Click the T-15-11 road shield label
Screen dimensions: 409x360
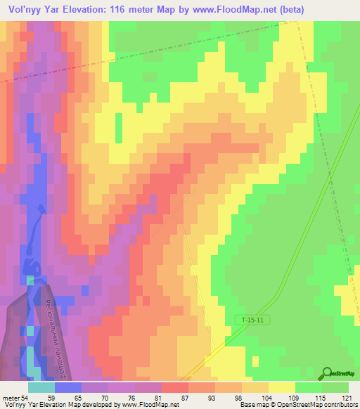pyautogui.click(x=251, y=320)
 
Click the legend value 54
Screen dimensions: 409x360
pyautogui.click(x=25, y=397)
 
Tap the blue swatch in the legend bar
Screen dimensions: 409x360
pyautogui.click(x=68, y=387)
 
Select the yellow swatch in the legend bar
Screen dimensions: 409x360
pyautogui.click(x=282, y=387)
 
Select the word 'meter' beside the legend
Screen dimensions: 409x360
pyautogui.click(x=11, y=397)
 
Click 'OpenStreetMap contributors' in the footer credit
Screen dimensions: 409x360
pyautogui.click(x=317, y=405)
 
